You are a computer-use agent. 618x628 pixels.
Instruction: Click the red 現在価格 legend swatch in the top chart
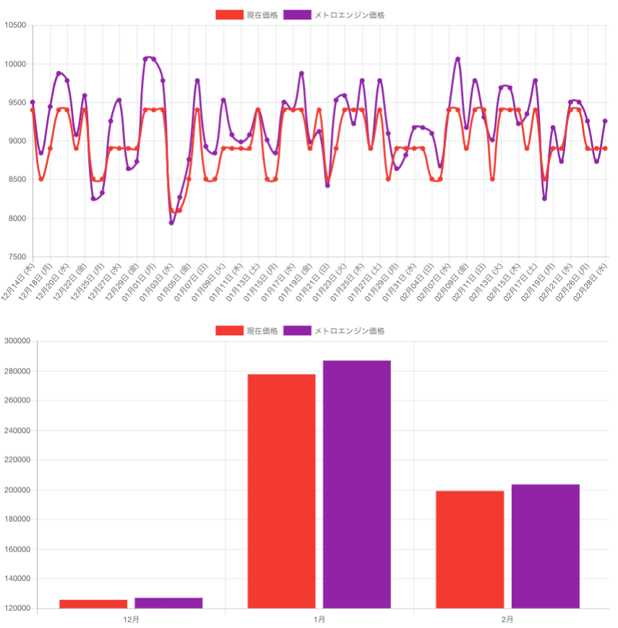pyautogui.click(x=229, y=14)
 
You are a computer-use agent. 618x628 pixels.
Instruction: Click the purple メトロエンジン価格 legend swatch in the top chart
pyautogui.click(x=297, y=14)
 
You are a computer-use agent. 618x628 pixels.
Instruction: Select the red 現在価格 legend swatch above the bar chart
pyautogui.click(x=229, y=330)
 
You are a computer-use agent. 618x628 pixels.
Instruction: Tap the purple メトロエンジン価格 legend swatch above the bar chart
pyautogui.click(x=297, y=330)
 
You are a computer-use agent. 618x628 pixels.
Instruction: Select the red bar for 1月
pyautogui.click(x=281, y=491)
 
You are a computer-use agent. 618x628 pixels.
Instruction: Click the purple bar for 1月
pyautogui.click(x=356, y=484)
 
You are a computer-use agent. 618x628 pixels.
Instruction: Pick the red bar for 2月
pyautogui.click(x=470, y=549)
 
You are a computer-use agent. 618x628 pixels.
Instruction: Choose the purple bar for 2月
pyautogui.click(x=545, y=546)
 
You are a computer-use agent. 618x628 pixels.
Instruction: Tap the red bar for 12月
pyautogui.click(x=93, y=604)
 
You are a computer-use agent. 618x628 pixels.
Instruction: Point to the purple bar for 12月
pyautogui.click(x=168, y=603)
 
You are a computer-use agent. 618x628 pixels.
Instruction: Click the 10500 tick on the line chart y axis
pyautogui.click(x=15, y=25)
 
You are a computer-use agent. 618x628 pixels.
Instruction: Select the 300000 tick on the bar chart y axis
pyautogui.click(x=18, y=341)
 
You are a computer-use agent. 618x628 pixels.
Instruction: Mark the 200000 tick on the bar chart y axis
pyautogui.click(x=18, y=490)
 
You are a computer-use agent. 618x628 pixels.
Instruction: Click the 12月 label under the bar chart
pyautogui.click(x=131, y=620)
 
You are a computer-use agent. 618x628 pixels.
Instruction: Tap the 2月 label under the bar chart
pyautogui.click(x=507, y=620)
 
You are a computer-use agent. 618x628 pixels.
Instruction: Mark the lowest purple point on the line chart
pyautogui.click(x=171, y=223)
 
